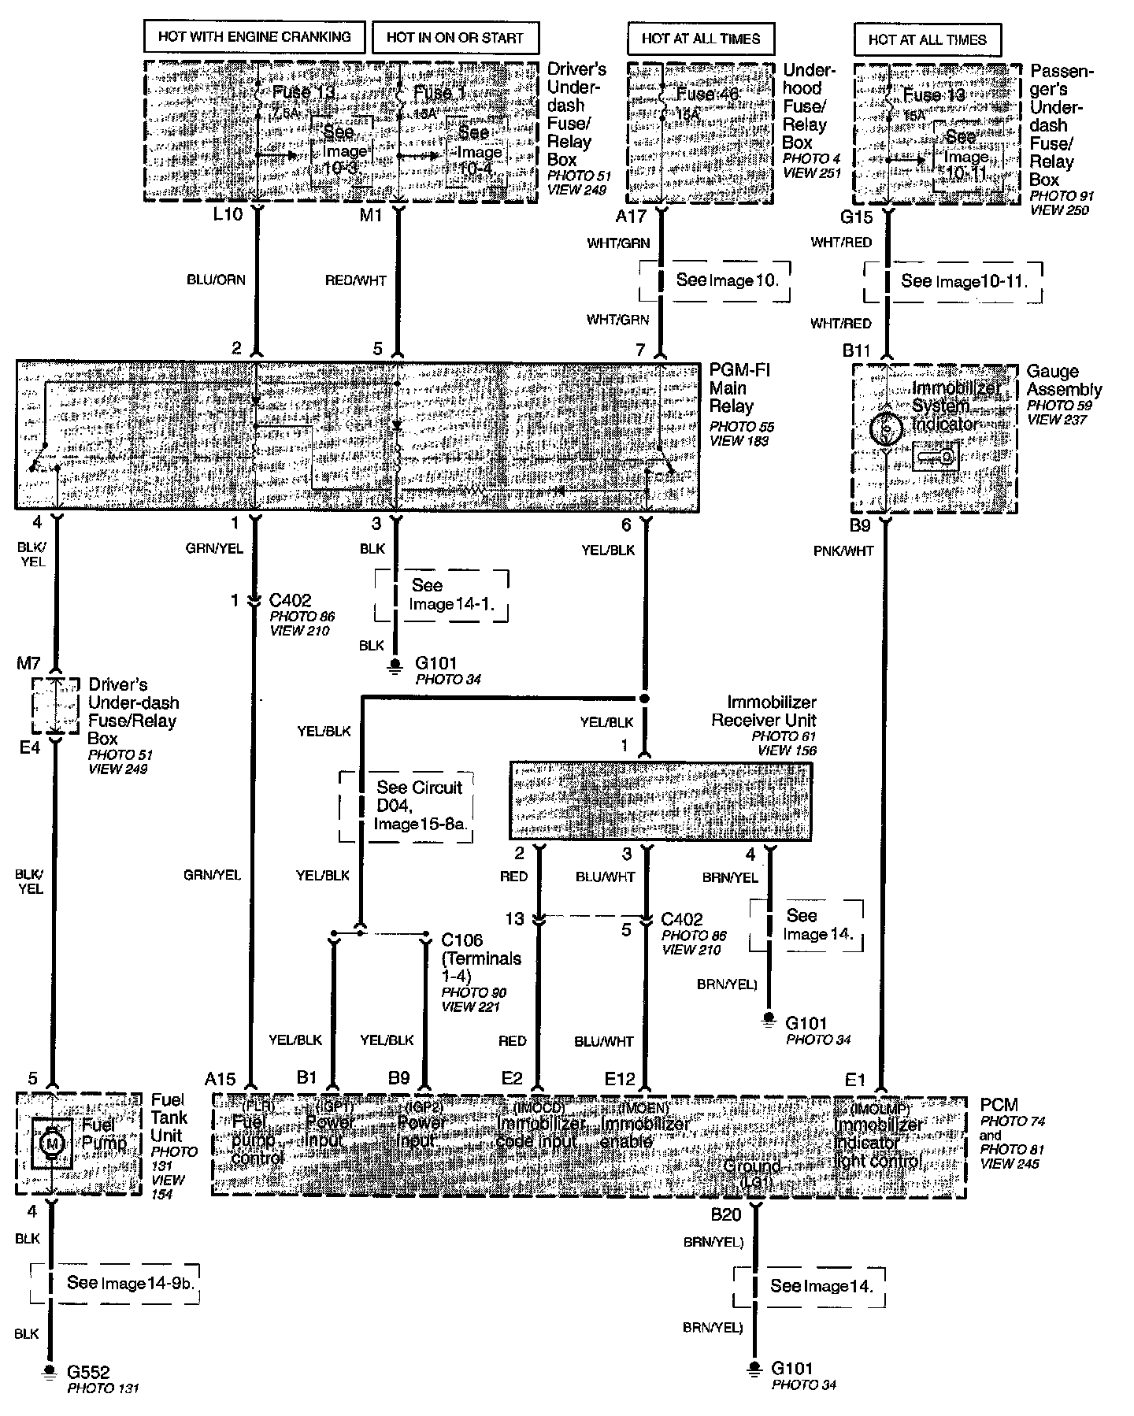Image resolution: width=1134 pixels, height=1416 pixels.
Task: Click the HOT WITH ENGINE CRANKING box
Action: tap(254, 37)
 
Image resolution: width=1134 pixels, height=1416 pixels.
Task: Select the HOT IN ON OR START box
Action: tap(454, 37)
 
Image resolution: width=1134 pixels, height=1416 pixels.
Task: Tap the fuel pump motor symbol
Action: tap(53, 1141)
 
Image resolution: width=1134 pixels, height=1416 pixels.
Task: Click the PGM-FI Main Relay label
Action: tap(739, 388)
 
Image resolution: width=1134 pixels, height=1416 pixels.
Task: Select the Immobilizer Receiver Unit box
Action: tap(660, 801)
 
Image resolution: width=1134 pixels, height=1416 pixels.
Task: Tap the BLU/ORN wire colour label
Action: tap(217, 280)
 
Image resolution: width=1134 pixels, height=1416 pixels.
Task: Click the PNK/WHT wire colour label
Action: tap(843, 551)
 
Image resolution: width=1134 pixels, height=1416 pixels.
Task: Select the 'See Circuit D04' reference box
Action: tap(406, 806)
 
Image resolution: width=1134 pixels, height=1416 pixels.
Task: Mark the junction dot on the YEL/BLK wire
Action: tap(644, 699)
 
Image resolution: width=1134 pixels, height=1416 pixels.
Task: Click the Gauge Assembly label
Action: tap(1064, 380)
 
